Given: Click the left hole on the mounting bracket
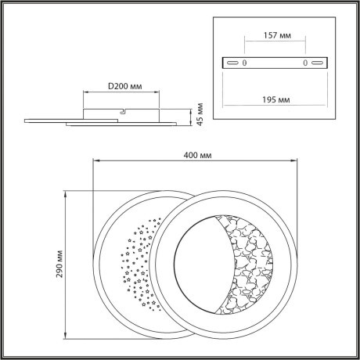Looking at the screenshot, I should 244,63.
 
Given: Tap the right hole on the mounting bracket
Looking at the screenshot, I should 304,63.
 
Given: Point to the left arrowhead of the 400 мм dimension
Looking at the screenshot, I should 95,163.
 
